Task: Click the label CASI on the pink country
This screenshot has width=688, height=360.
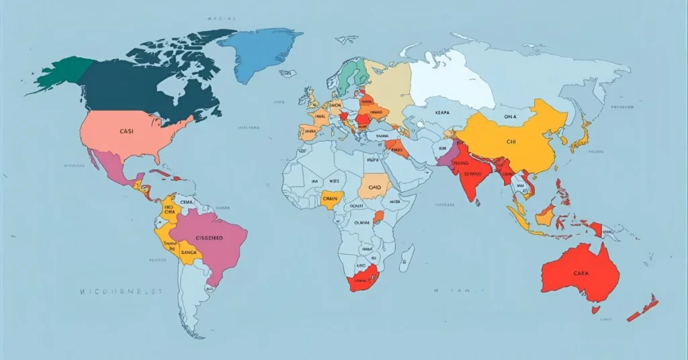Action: (x=126, y=132)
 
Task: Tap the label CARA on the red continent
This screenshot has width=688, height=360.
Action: (x=581, y=273)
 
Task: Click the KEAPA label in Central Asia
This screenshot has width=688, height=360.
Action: (x=443, y=114)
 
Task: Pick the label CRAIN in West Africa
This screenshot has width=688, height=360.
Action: (x=330, y=199)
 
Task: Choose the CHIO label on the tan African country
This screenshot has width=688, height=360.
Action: (x=374, y=187)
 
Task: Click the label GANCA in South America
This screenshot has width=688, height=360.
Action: (x=189, y=252)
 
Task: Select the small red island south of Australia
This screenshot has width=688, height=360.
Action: (x=595, y=310)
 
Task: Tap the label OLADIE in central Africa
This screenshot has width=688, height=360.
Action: (x=362, y=223)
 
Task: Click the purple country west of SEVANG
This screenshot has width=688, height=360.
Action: (x=445, y=157)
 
